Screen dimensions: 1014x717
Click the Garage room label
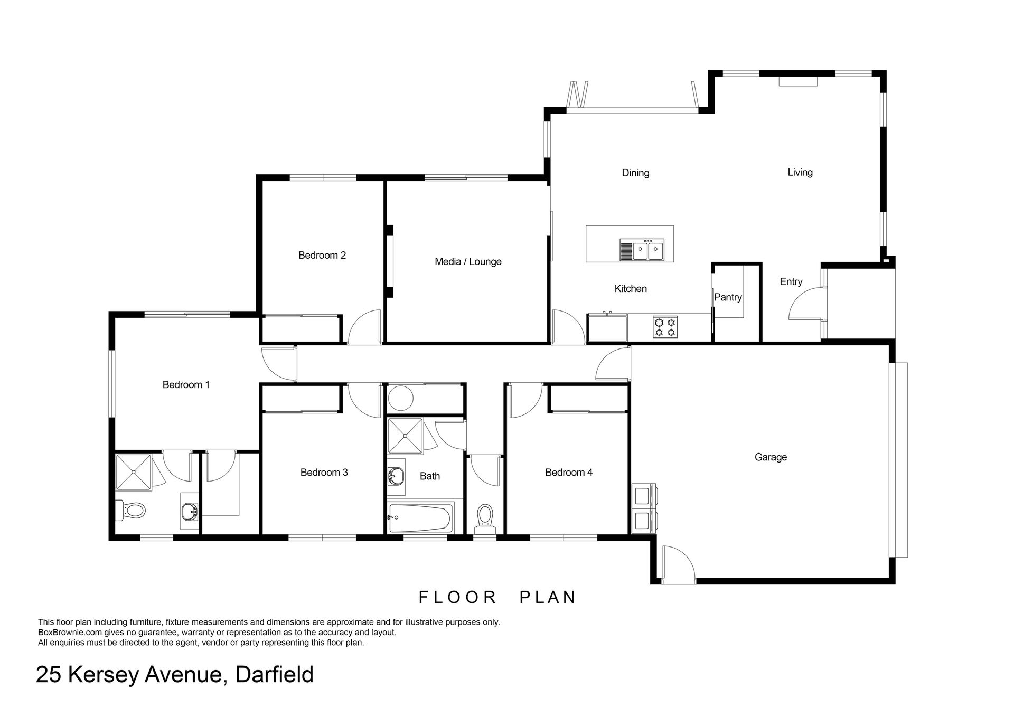coord(771,457)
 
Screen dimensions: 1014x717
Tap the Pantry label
coord(728,297)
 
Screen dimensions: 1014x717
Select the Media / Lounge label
coord(468,262)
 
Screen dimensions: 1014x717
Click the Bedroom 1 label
coord(186,385)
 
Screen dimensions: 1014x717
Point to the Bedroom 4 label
coord(569,473)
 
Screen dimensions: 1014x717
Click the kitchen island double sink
coord(642,250)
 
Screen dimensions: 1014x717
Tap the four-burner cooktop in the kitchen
coord(665,327)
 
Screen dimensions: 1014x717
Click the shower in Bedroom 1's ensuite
coord(134,472)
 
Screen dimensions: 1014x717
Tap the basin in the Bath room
coord(396,477)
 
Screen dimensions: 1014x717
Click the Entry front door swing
coord(806,303)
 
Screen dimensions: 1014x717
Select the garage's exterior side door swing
coord(678,563)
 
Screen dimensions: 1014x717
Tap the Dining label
coord(635,173)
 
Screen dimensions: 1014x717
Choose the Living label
coord(800,173)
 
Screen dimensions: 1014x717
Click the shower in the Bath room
coord(406,436)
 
